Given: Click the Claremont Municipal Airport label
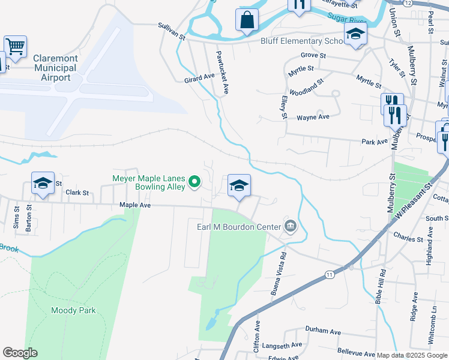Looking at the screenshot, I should coord(55,68).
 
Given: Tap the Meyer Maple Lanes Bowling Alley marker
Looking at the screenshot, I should coord(194,181).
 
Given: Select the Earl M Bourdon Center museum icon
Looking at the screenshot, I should coord(291,226).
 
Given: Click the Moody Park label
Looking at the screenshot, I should coord(73,310).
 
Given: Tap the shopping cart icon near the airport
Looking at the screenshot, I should coord(15,46).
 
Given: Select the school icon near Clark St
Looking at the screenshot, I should coord(43,184).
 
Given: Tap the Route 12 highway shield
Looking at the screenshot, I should coord(408,3).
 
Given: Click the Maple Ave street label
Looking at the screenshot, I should coord(134,205).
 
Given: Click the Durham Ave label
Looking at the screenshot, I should coord(322,331).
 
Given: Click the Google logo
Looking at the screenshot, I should coord(20,353).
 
